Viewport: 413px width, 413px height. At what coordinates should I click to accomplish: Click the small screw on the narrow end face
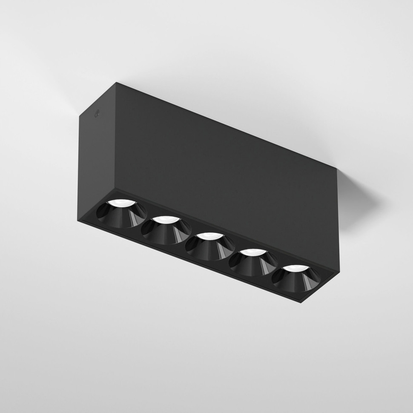[96, 114]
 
